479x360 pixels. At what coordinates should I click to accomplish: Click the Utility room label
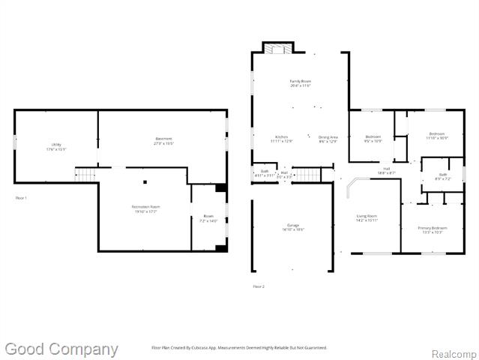pos(55,146)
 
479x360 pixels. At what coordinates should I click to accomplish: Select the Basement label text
pos(163,140)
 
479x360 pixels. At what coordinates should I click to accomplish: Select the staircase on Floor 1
pos(86,175)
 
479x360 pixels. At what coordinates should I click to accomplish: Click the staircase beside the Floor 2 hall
pos(309,175)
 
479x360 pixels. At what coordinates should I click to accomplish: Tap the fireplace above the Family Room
pos(278,48)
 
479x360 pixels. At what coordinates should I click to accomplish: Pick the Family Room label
pos(301,82)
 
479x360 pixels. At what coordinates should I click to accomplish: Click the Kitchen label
pos(281,139)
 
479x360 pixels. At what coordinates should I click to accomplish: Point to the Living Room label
pos(366,217)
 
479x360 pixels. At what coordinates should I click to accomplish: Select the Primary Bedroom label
pos(433,229)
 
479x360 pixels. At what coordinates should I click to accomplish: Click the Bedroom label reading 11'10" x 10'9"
pos(436,136)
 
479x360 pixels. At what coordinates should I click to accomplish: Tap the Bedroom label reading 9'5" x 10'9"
pos(373,139)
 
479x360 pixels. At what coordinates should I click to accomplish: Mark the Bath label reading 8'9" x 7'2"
pos(442,177)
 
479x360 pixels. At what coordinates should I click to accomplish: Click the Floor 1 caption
pos(21,197)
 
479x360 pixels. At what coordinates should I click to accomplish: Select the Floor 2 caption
pos(259,286)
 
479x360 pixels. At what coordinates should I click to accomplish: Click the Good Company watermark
pos(61,349)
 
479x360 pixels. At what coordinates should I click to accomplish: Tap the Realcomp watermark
pos(453,352)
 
